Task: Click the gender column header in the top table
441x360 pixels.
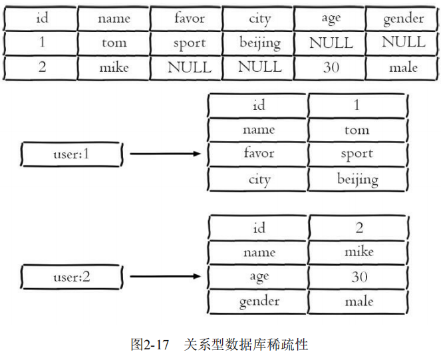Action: pyautogui.click(x=403, y=19)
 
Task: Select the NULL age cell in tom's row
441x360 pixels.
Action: pyautogui.click(x=331, y=43)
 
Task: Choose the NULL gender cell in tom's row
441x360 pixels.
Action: pyautogui.click(x=403, y=43)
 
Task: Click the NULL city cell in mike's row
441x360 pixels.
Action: pyautogui.click(x=259, y=67)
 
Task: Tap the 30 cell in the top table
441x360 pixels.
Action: pyautogui.click(x=331, y=67)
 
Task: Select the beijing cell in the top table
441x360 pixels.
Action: pyautogui.click(x=259, y=43)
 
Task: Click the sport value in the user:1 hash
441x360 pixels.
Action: pyautogui.click(x=357, y=154)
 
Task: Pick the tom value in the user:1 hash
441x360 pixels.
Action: pyautogui.click(x=357, y=130)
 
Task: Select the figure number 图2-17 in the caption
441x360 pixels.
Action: pyautogui.click(x=149, y=345)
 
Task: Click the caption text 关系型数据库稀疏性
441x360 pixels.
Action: pyautogui.click(x=245, y=345)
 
